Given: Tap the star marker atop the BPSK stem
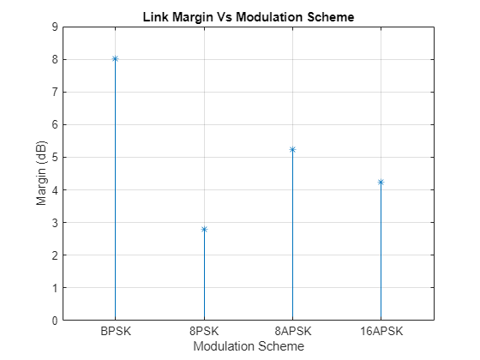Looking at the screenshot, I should point(115,59).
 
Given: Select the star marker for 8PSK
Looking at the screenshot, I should point(204,229).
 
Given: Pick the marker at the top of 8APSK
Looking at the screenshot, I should point(292,149).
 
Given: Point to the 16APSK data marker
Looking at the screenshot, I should point(381,182).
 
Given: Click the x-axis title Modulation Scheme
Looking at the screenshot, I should point(248,346).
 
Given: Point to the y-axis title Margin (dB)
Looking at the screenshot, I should point(40,174).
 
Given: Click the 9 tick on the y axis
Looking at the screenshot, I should point(55,27).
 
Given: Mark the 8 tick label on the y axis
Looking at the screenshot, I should point(55,59).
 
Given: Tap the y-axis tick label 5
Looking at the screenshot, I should point(55,157).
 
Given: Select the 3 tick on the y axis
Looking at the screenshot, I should point(55,223).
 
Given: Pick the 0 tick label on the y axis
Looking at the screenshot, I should point(55,321).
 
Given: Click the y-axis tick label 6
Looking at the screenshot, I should point(55,124).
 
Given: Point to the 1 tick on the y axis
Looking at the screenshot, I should point(55,288).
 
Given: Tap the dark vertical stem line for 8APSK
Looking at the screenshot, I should point(292,240).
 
